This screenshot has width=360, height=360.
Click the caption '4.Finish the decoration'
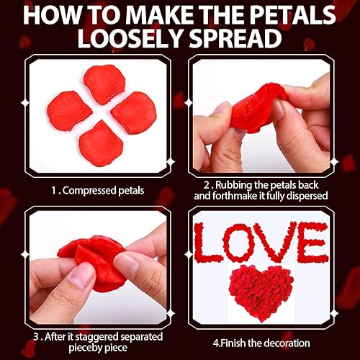pos(261,343)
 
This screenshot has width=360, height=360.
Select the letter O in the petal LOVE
pos(243,241)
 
